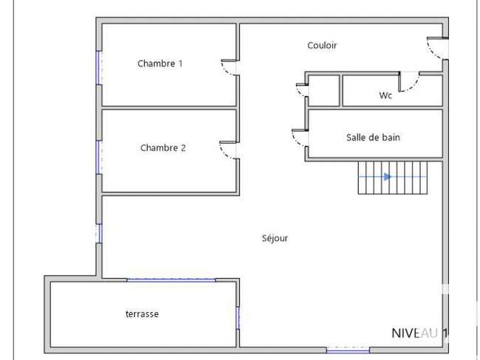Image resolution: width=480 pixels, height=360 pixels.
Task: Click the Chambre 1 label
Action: [x=160, y=64]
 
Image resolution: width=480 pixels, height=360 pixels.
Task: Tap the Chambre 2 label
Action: [x=163, y=148]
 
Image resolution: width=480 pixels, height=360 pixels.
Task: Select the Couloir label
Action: [x=322, y=45]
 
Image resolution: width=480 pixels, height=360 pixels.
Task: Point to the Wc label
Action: [x=385, y=95]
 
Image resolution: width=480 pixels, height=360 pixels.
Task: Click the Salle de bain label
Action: [x=373, y=137]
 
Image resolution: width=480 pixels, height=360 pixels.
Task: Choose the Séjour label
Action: [x=275, y=238]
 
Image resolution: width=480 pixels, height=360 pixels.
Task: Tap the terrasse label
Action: [x=142, y=314]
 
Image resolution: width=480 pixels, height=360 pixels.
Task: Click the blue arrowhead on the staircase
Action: [x=388, y=177]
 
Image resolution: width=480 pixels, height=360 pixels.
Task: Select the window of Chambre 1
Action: [x=98, y=68]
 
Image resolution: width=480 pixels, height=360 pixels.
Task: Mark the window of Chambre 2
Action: [x=98, y=157]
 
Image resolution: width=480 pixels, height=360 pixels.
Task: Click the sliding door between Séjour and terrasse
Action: [x=171, y=280]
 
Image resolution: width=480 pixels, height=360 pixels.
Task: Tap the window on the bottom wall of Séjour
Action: [x=348, y=350]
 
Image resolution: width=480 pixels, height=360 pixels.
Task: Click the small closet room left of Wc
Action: [x=324, y=91]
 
